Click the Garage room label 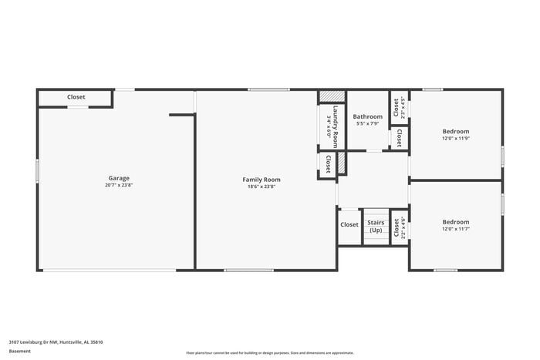tap(118, 178)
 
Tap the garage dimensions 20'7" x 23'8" tap(118, 186)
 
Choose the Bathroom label tap(367, 116)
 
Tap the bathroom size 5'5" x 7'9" tap(367, 124)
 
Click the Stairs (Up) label tap(376, 227)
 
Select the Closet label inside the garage tap(76, 97)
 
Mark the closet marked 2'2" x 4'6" tap(399, 227)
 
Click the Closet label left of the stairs tap(349, 225)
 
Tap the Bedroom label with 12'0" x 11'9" tap(455, 131)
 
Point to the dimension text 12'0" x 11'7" tap(455, 229)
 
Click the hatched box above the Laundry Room tap(331, 96)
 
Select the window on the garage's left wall tap(37, 170)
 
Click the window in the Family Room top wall tap(268, 90)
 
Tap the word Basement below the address tap(20, 351)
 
